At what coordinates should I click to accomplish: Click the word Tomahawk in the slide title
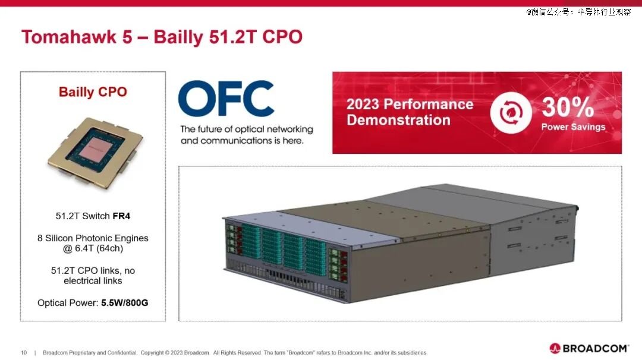[x=69, y=37]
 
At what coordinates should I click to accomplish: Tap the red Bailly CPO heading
[x=93, y=92]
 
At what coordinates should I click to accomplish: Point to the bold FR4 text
[x=121, y=216]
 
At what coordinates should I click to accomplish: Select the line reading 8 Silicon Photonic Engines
[x=93, y=238]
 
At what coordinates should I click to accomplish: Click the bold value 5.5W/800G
[x=125, y=303]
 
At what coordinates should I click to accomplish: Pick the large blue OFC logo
[x=226, y=98]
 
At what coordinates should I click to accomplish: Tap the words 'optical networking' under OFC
[x=274, y=130]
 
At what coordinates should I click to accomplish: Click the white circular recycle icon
[x=511, y=112]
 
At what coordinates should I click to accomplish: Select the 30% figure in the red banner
[x=568, y=107]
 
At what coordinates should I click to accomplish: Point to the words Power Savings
[x=573, y=127]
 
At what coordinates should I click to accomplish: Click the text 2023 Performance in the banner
[x=410, y=105]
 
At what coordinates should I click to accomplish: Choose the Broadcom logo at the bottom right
[x=588, y=348]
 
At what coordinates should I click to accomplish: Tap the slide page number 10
[x=24, y=353]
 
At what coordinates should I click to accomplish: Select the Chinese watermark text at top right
[x=578, y=12]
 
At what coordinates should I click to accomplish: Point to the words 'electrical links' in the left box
[x=93, y=281]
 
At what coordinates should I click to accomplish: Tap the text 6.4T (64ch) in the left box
[x=99, y=248]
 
